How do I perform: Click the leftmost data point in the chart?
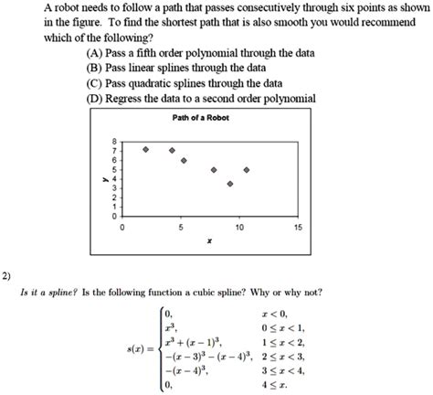(145, 148)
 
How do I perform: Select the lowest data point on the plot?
(229, 184)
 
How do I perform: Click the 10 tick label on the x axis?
(238, 226)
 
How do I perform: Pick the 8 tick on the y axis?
(113, 140)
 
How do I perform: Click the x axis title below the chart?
(209, 241)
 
